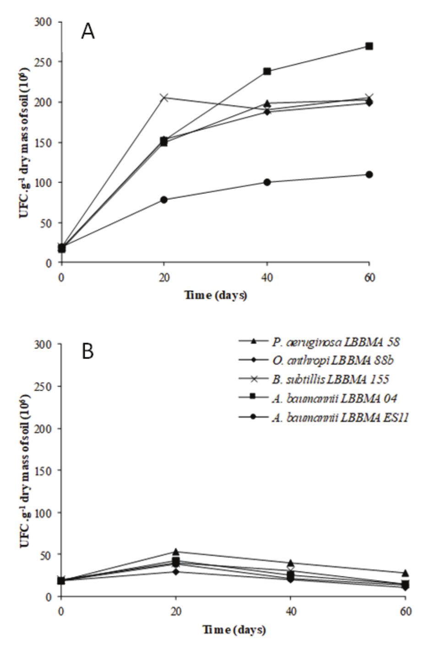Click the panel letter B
tap(87, 352)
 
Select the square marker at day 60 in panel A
tap(369, 46)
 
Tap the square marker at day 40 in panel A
tap(267, 71)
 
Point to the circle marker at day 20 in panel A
tap(164, 199)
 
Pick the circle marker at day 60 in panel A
tap(369, 174)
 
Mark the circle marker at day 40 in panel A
tap(267, 182)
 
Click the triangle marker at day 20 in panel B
tap(175, 552)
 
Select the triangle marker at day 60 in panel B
tap(405, 573)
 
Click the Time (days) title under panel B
tap(234, 629)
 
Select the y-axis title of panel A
tap(24, 142)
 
